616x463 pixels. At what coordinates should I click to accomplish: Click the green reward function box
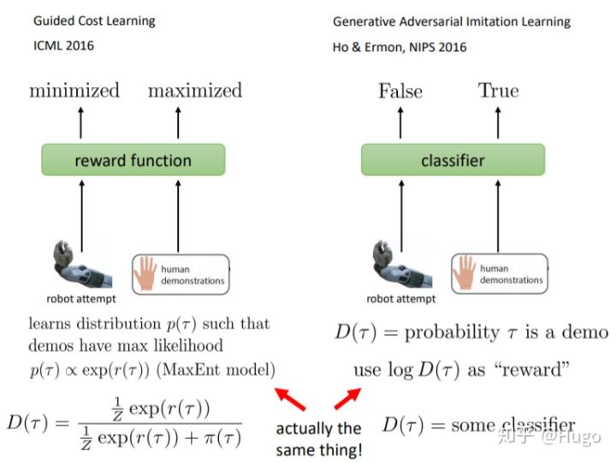[133, 160]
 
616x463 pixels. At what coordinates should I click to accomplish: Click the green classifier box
[452, 160]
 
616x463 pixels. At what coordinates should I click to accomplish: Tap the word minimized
[74, 91]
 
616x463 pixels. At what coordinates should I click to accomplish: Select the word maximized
[195, 91]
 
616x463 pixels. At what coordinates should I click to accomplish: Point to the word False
[400, 91]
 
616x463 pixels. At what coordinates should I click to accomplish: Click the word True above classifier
[499, 91]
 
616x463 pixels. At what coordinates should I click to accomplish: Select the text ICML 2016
[58, 45]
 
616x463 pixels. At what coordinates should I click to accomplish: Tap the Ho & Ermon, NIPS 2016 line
[400, 47]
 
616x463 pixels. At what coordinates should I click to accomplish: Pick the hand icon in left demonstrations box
[146, 273]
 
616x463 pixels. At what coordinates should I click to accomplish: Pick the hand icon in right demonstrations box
[465, 273]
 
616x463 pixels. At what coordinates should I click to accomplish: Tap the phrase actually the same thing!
[318, 436]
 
